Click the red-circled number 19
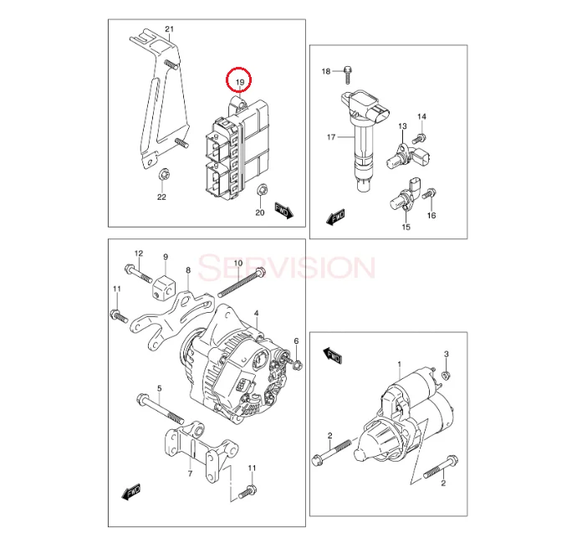(240, 80)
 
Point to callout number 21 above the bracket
(169, 30)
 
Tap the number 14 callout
(421, 115)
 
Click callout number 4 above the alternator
(256, 313)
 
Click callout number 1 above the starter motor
(400, 365)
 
